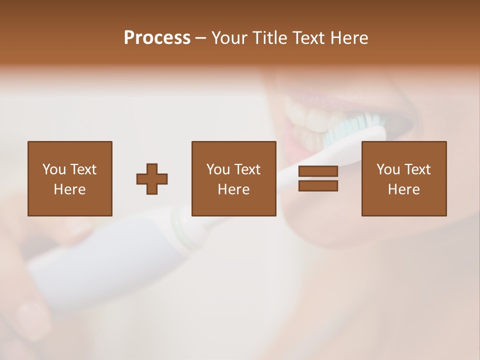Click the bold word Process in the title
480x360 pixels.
pyautogui.click(x=157, y=37)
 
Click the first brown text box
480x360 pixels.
pyautogui.click(x=69, y=150)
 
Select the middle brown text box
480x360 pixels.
pyautogui.click(x=233, y=150)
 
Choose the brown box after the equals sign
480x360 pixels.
pyautogui.click(x=403, y=150)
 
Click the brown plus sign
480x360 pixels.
pyautogui.click(x=152, y=179)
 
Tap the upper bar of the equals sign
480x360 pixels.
pyautogui.click(x=318, y=171)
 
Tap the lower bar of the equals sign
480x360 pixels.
pyautogui.click(x=318, y=185)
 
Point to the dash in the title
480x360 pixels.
pyautogui.click(x=200, y=38)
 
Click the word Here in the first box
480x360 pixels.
pyautogui.click(x=69, y=189)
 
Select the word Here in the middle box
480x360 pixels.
pyautogui.click(x=233, y=189)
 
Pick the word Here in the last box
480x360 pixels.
pyautogui.click(x=403, y=189)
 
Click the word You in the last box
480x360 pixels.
pyautogui.click(x=388, y=169)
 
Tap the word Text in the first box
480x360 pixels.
pyautogui.click(x=83, y=169)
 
